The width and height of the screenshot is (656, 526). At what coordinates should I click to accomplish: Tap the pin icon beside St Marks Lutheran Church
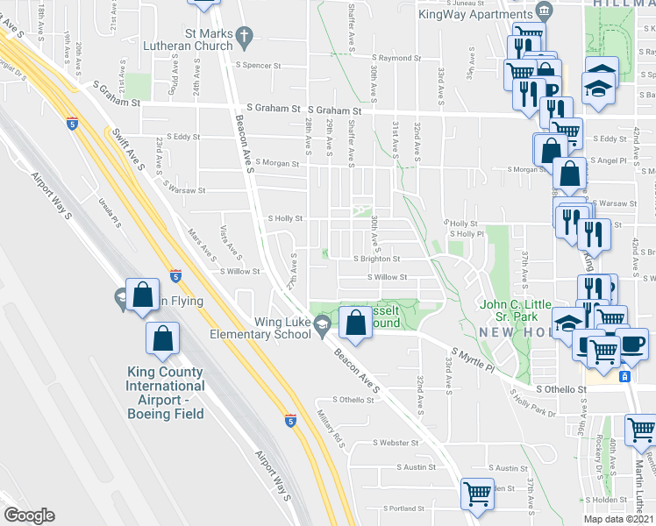(x=246, y=36)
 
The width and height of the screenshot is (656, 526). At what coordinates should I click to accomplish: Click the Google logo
(x=29, y=515)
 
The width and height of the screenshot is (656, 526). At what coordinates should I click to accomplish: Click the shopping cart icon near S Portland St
(x=477, y=494)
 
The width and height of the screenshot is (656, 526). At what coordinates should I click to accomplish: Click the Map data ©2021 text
(x=618, y=519)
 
